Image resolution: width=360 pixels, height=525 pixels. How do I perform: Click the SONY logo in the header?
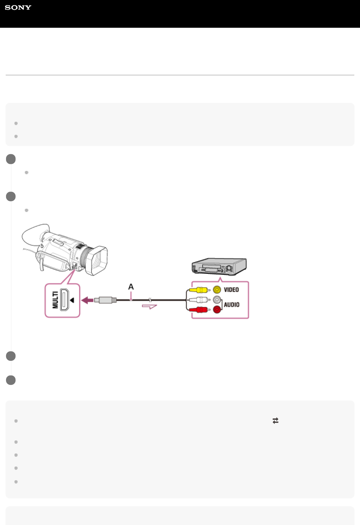coord(18,7)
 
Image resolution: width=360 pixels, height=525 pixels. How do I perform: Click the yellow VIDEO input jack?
coord(217,290)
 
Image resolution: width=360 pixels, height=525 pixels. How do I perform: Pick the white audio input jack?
coord(217,300)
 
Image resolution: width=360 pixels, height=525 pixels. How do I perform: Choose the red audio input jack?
coord(217,310)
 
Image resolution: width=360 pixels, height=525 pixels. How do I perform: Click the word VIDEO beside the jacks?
coord(231,290)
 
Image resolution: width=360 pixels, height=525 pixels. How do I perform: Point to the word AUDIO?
coord(232,305)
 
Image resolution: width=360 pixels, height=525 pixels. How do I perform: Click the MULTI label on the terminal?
coord(55,300)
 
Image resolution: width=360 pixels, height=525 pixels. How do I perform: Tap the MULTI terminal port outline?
coord(64,300)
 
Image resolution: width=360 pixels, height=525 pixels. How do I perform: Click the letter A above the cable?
coord(131,287)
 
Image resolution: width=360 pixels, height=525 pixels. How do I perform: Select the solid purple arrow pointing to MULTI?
coord(88,300)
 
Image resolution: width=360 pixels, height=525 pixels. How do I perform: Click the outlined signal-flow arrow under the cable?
coord(149,306)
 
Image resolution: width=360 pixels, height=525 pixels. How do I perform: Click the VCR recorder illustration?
coord(219,267)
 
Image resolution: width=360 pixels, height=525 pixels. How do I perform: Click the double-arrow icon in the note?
coord(275,421)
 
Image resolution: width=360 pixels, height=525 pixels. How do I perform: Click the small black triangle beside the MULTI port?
coord(72,300)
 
